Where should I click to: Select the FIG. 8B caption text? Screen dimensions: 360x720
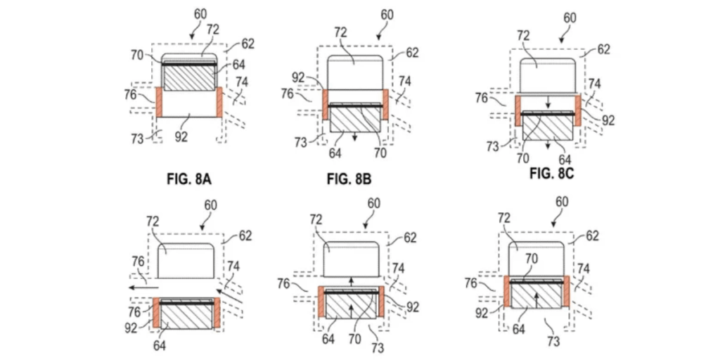pos(349,179)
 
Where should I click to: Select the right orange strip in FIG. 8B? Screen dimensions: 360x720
pos(385,104)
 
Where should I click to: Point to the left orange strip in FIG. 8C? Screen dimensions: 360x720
pos(517,110)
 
